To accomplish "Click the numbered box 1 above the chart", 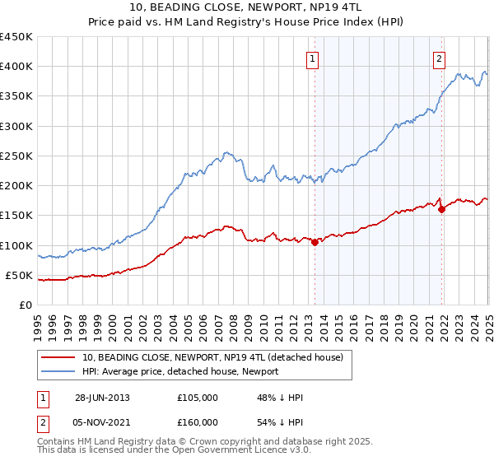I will click(314, 58).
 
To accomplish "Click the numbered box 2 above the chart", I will click(440, 58).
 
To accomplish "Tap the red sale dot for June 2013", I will click(315, 242).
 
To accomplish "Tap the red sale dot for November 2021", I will click(442, 209).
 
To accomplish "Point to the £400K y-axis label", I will click(16, 67).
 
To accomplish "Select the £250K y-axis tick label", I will click(16, 156).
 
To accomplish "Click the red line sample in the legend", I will click(58, 356).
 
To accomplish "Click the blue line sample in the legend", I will click(58, 371).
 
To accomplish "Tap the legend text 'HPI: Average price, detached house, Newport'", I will click(180, 371).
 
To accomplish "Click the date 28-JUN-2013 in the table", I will click(102, 398).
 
